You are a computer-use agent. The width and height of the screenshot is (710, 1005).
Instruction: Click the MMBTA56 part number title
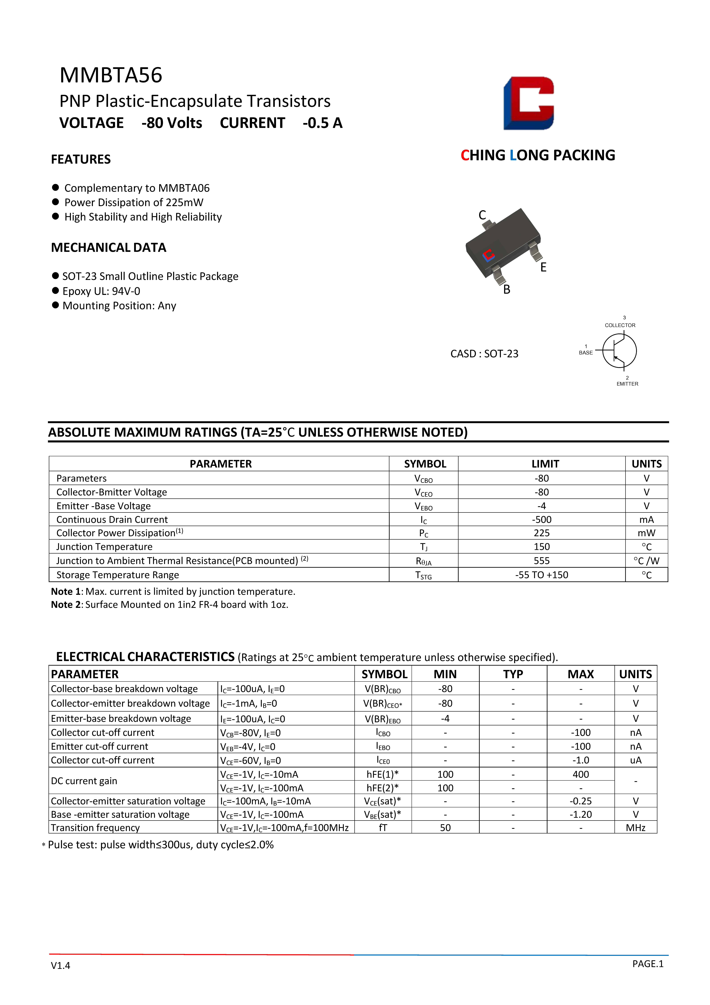pyautogui.click(x=111, y=75)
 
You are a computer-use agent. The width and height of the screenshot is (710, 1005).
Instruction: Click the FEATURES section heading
pyautogui.click(x=81, y=159)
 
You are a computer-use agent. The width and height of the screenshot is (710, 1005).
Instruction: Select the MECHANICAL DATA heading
pyautogui.click(x=108, y=248)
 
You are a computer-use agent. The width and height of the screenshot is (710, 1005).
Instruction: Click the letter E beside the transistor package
pyautogui.click(x=543, y=267)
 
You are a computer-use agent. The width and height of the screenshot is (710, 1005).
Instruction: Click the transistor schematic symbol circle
pyautogui.click(x=619, y=351)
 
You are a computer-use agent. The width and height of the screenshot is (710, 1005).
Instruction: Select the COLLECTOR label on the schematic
pyautogui.click(x=620, y=325)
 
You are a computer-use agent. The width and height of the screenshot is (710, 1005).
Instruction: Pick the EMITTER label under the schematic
pyautogui.click(x=627, y=384)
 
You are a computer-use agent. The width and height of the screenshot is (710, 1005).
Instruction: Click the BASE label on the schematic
pyautogui.click(x=586, y=353)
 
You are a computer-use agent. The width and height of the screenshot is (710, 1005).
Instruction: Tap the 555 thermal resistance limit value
pyautogui.click(x=542, y=561)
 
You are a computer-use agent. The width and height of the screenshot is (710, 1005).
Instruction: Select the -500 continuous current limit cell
pyautogui.click(x=542, y=520)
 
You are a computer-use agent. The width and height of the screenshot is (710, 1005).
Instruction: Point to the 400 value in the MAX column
pyautogui.click(x=580, y=774)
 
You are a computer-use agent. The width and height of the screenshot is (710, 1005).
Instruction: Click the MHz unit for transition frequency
pyautogui.click(x=636, y=828)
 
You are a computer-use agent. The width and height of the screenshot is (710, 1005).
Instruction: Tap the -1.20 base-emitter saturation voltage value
pyautogui.click(x=580, y=815)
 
